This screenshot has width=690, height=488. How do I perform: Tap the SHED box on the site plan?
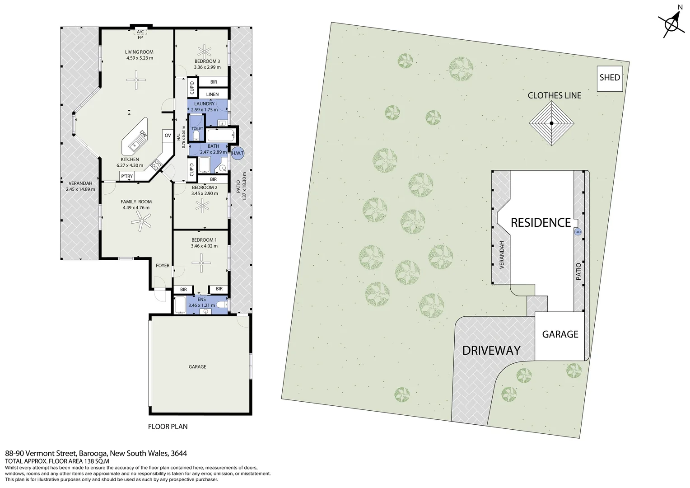click(x=610, y=78)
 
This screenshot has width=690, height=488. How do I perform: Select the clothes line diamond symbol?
click(x=551, y=123)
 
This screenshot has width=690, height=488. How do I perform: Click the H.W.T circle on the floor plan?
click(x=238, y=153)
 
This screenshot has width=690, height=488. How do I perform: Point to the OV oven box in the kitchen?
click(x=168, y=136)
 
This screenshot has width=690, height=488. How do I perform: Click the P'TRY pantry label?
click(x=127, y=176)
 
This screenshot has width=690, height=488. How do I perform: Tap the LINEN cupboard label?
click(x=212, y=94)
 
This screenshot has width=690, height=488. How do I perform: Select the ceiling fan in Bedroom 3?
click(x=204, y=51)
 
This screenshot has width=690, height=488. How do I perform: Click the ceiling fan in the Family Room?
click(x=141, y=221)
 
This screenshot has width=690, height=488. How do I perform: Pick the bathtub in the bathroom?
click(x=221, y=136)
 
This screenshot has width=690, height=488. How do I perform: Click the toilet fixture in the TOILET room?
click(x=196, y=135)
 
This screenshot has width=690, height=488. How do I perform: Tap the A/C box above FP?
click(x=140, y=32)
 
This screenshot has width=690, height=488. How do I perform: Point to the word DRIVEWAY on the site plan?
click(x=491, y=351)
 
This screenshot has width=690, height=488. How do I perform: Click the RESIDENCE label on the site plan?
click(x=541, y=223)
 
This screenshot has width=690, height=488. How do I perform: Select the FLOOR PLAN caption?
click(x=168, y=427)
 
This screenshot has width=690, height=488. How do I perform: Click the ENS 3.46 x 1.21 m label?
click(x=201, y=302)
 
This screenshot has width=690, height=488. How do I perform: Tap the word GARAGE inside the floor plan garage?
click(x=197, y=366)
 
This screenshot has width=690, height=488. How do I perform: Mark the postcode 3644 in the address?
click(x=179, y=453)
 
